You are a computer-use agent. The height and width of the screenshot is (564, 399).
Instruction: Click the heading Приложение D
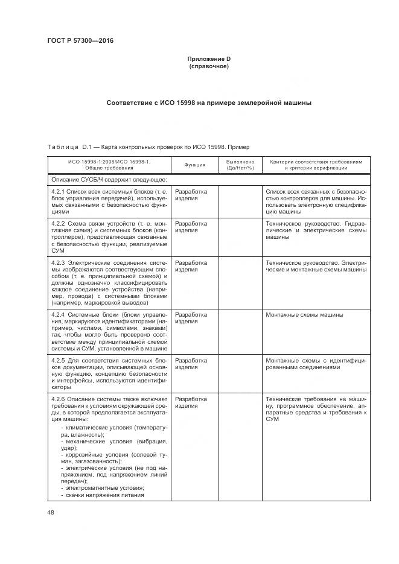tap(208, 59)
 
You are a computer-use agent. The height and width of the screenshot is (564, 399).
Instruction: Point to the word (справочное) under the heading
tap(208, 66)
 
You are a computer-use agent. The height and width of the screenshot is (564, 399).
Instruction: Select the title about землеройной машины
tap(208, 103)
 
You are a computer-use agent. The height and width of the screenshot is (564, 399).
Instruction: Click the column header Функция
tap(195, 165)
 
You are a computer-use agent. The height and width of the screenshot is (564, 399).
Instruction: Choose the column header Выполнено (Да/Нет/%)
tap(240, 165)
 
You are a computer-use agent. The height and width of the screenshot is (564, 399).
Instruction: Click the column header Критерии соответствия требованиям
tap(316, 165)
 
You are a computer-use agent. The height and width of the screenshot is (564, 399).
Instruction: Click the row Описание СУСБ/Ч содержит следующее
tap(109, 179)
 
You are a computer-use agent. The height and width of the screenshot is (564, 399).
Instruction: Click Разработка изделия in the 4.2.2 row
tap(191, 227)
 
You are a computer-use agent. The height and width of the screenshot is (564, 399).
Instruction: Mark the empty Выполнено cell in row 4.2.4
tap(240, 331)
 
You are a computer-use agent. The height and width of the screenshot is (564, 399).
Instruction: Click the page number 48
tap(50, 512)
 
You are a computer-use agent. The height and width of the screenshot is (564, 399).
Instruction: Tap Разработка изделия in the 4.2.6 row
tap(191, 402)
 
